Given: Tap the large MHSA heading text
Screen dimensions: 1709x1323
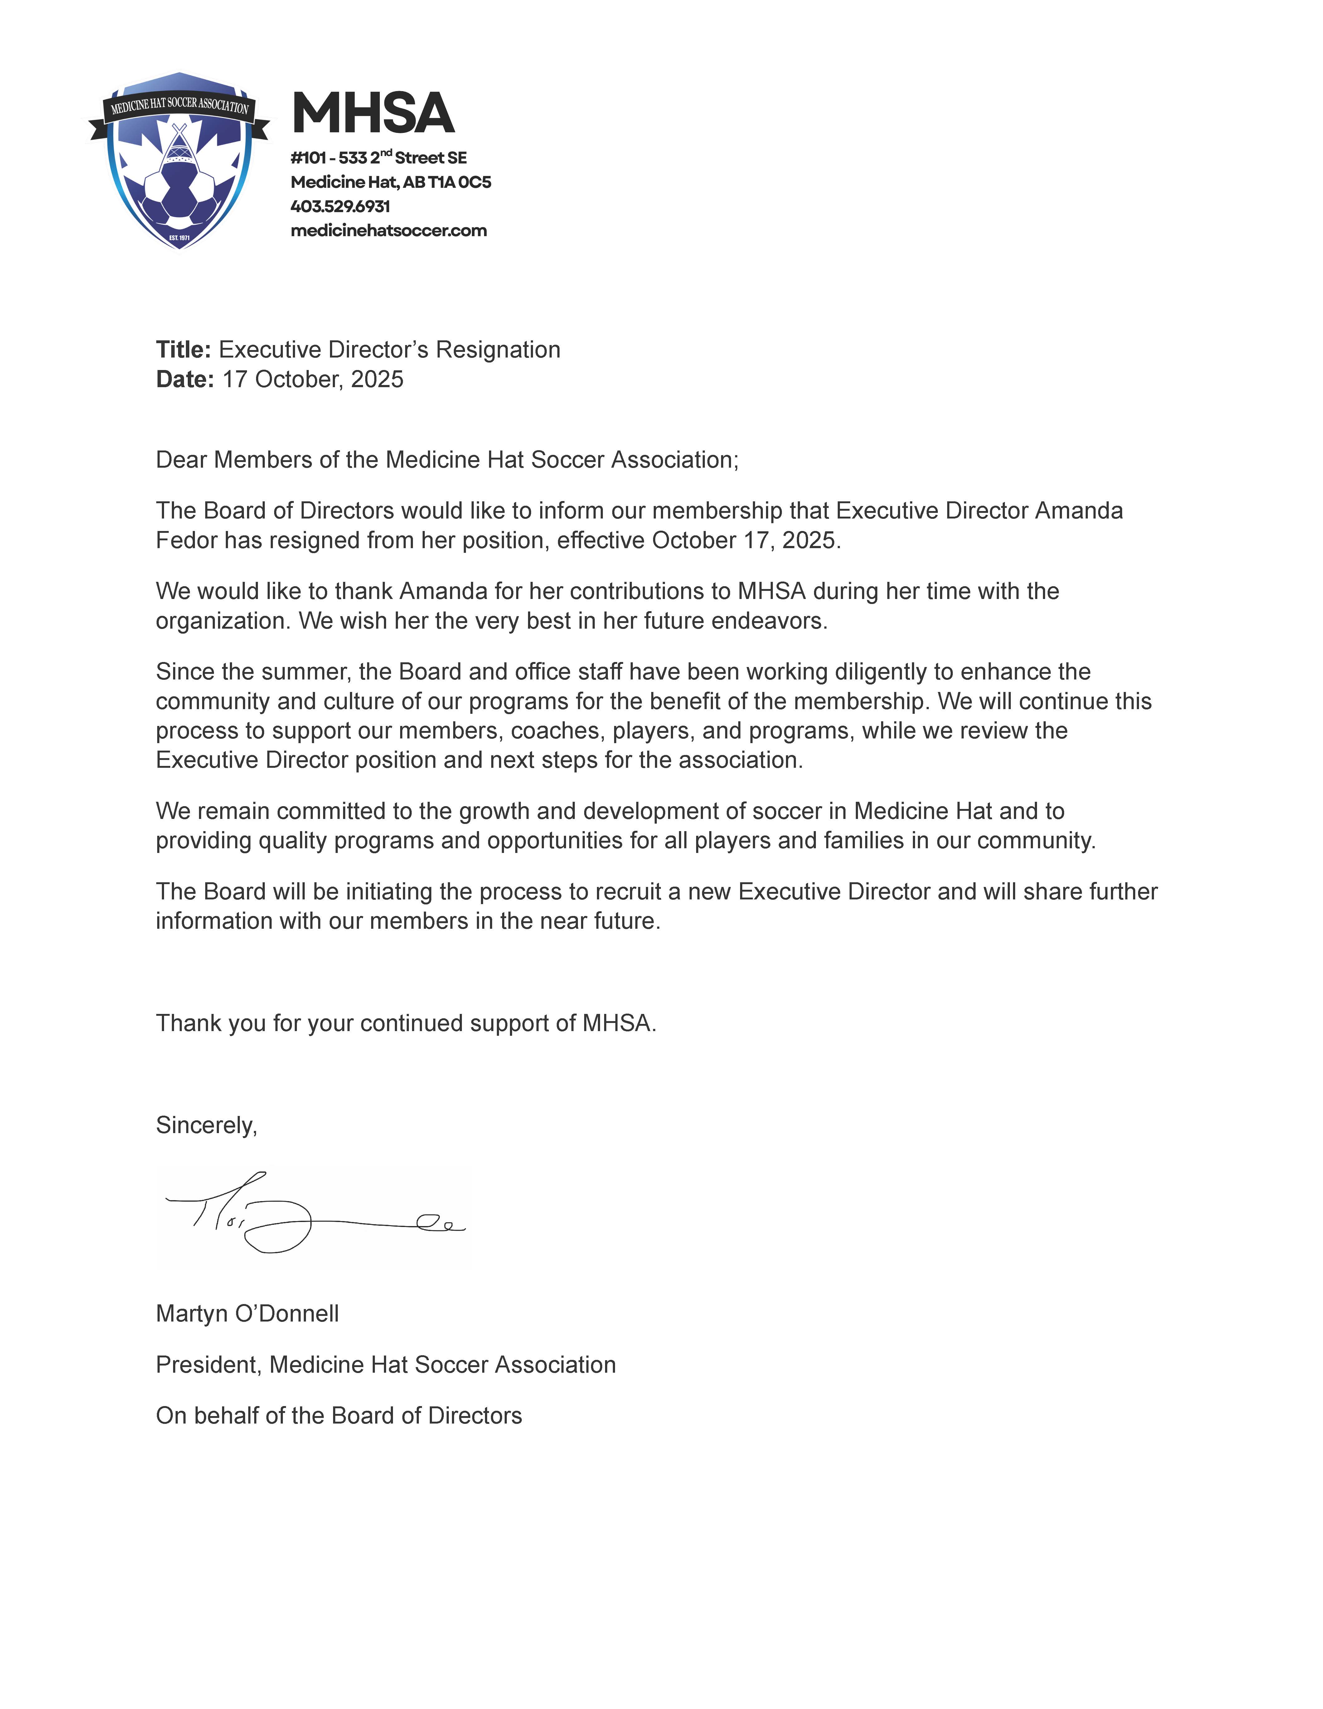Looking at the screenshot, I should click(x=372, y=114).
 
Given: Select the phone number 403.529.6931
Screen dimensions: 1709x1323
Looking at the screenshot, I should click(x=340, y=207).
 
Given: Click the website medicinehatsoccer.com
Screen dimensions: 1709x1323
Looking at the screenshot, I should click(x=389, y=231).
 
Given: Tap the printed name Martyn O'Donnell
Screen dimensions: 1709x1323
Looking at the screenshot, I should click(x=247, y=1313).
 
